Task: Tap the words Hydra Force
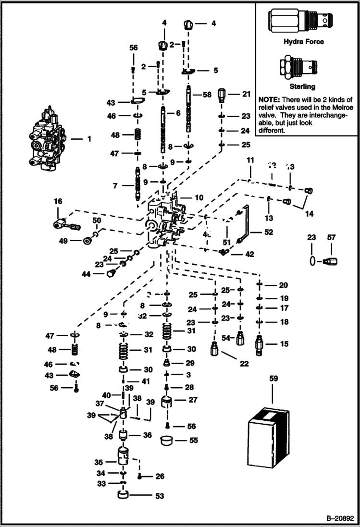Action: point(303,42)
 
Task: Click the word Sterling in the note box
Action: point(302,86)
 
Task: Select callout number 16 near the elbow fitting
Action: point(58,201)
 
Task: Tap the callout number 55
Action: point(193,440)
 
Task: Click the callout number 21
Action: point(246,94)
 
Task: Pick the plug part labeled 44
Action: point(111,273)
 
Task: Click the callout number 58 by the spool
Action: point(207,95)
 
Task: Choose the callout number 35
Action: point(99,462)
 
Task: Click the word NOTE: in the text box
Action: point(270,98)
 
